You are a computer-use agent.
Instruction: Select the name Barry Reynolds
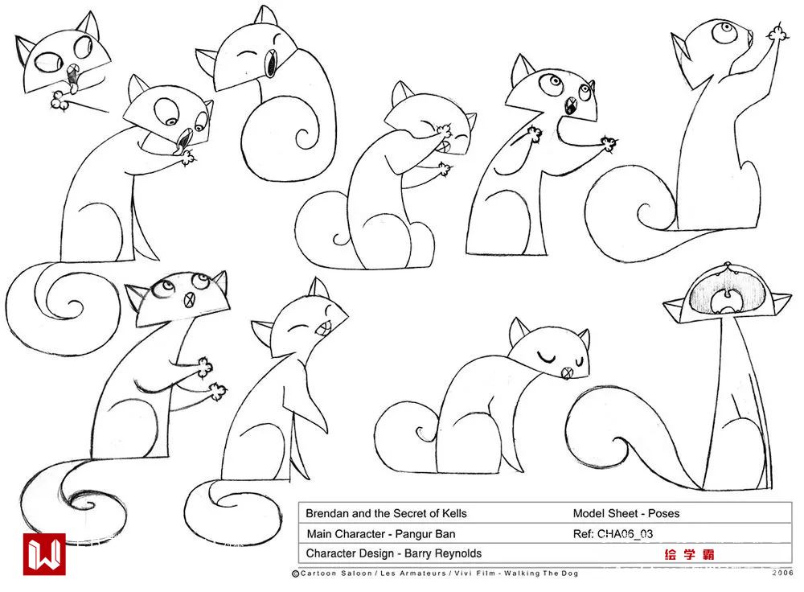click(x=443, y=553)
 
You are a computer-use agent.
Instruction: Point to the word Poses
click(x=663, y=513)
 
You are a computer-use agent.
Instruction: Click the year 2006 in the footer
click(x=782, y=573)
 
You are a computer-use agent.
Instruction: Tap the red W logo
click(x=44, y=554)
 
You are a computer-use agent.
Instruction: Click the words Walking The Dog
click(x=541, y=573)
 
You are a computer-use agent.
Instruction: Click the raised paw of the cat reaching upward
click(x=777, y=33)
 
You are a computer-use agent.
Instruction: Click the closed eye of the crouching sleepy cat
click(x=546, y=356)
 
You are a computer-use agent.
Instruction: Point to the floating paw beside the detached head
click(x=61, y=100)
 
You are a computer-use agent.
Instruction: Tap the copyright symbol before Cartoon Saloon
click(x=295, y=573)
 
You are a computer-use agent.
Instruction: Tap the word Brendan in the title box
click(x=327, y=513)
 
